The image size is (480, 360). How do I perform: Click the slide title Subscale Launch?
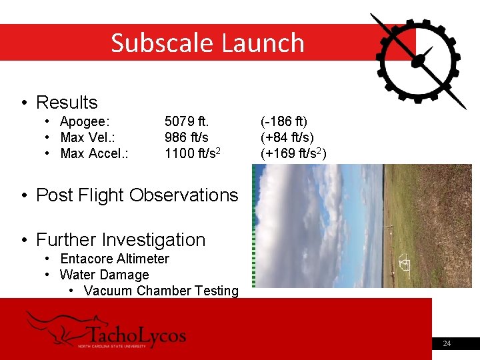click(x=207, y=43)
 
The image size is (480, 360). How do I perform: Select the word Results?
click(x=67, y=103)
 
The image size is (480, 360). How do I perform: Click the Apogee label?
click(x=85, y=122)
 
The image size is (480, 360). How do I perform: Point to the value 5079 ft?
click(x=187, y=122)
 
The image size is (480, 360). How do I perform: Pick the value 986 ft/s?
click(x=187, y=138)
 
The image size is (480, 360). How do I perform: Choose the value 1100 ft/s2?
click(x=193, y=153)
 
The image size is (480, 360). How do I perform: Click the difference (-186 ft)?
click(x=284, y=122)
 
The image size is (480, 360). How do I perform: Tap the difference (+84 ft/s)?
click(x=287, y=138)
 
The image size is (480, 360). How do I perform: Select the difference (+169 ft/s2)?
click(x=293, y=153)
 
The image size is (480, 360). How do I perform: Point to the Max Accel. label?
click(x=94, y=154)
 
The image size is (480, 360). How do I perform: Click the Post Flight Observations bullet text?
click(x=137, y=195)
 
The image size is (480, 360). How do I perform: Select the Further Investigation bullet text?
click(x=121, y=240)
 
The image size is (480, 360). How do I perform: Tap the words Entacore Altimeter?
click(x=115, y=259)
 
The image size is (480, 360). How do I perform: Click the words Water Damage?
click(x=104, y=275)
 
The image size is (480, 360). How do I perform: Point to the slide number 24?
click(x=447, y=343)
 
